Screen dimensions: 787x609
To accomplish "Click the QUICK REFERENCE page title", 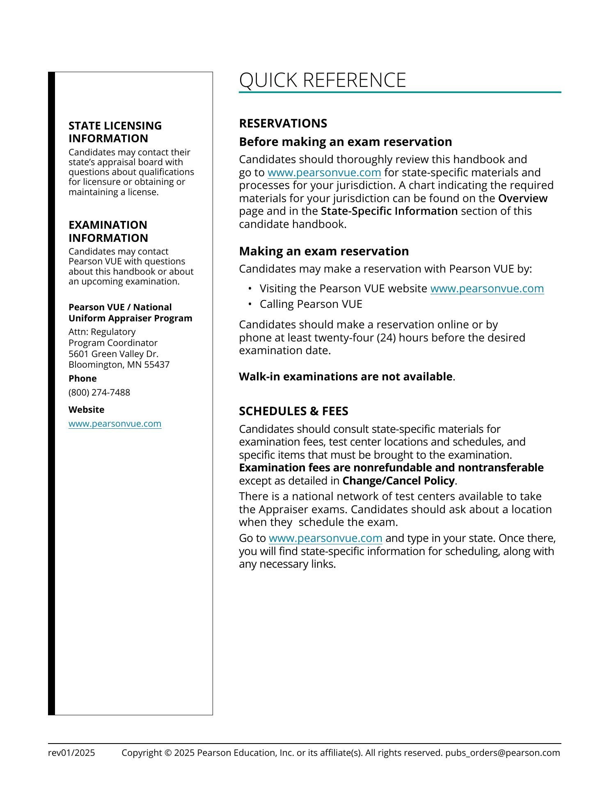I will pyautogui.click(x=322, y=80).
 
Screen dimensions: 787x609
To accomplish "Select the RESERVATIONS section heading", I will pyautogui.click(x=283, y=123).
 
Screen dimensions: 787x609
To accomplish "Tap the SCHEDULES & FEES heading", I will pyautogui.click(x=293, y=411).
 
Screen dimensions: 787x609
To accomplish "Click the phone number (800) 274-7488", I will pyautogui.click(x=99, y=392).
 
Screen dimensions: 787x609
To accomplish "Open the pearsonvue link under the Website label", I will pyautogui.click(x=115, y=423).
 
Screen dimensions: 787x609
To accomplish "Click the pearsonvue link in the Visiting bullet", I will pyautogui.click(x=487, y=289).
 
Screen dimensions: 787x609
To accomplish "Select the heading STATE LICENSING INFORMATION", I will pyautogui.click(x=115, y=132).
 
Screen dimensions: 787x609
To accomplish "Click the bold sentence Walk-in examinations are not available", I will pyautogui.click(x=346, y=377).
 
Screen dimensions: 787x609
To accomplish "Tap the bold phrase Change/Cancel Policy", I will pyautogui.click(x=398, y=481).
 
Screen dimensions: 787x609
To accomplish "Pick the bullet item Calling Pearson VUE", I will pyautogui.click(x=311, y=304).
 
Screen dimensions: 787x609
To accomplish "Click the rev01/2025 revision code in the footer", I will pyautogui.click(x=71, y=753).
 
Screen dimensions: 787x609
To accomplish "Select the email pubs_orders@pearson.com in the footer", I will pyautogui.click(x=503, y=753).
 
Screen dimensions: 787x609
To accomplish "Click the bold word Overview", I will pyautogui.click(x=523, y=198).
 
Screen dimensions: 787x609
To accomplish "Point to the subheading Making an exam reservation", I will pyautogui.click(x=324, y=251).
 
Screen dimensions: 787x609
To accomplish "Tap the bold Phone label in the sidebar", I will pyautogui.click(x=82, y=378).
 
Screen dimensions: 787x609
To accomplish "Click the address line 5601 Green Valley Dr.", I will pyautogui.click(x=113, y=354).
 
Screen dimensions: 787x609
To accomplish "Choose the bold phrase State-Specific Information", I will pyautogui.click(x=389, y=211).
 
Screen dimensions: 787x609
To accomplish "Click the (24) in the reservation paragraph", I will pyautogui.click(x=386, y=338).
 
